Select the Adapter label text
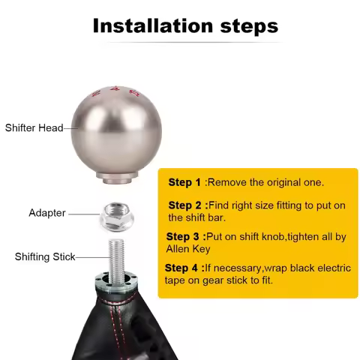[x=46, y=212]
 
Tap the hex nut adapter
[x=118, y=215]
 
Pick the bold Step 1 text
[x=184, y=182]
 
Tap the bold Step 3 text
[x=184, y=236]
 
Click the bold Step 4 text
[x=183, y=268]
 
